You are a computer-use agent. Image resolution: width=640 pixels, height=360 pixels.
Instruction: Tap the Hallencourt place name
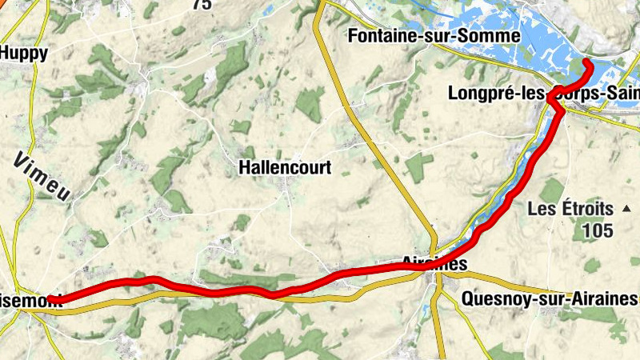pos(285,168)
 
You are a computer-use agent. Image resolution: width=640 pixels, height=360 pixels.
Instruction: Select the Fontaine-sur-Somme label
pos(434,36)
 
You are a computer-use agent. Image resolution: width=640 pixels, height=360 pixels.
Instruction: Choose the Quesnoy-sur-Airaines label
pos(550,299)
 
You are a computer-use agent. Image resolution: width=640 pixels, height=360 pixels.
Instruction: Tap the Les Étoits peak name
pos(570,210)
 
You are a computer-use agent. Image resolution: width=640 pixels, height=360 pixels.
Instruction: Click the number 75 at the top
pos(202,4)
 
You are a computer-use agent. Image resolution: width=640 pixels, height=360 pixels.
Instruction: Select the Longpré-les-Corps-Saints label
pos(544,94)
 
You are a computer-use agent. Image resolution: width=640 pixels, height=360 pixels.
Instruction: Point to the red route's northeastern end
pos(588,62)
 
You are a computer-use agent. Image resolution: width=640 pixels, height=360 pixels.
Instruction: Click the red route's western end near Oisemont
pos(50,299)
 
